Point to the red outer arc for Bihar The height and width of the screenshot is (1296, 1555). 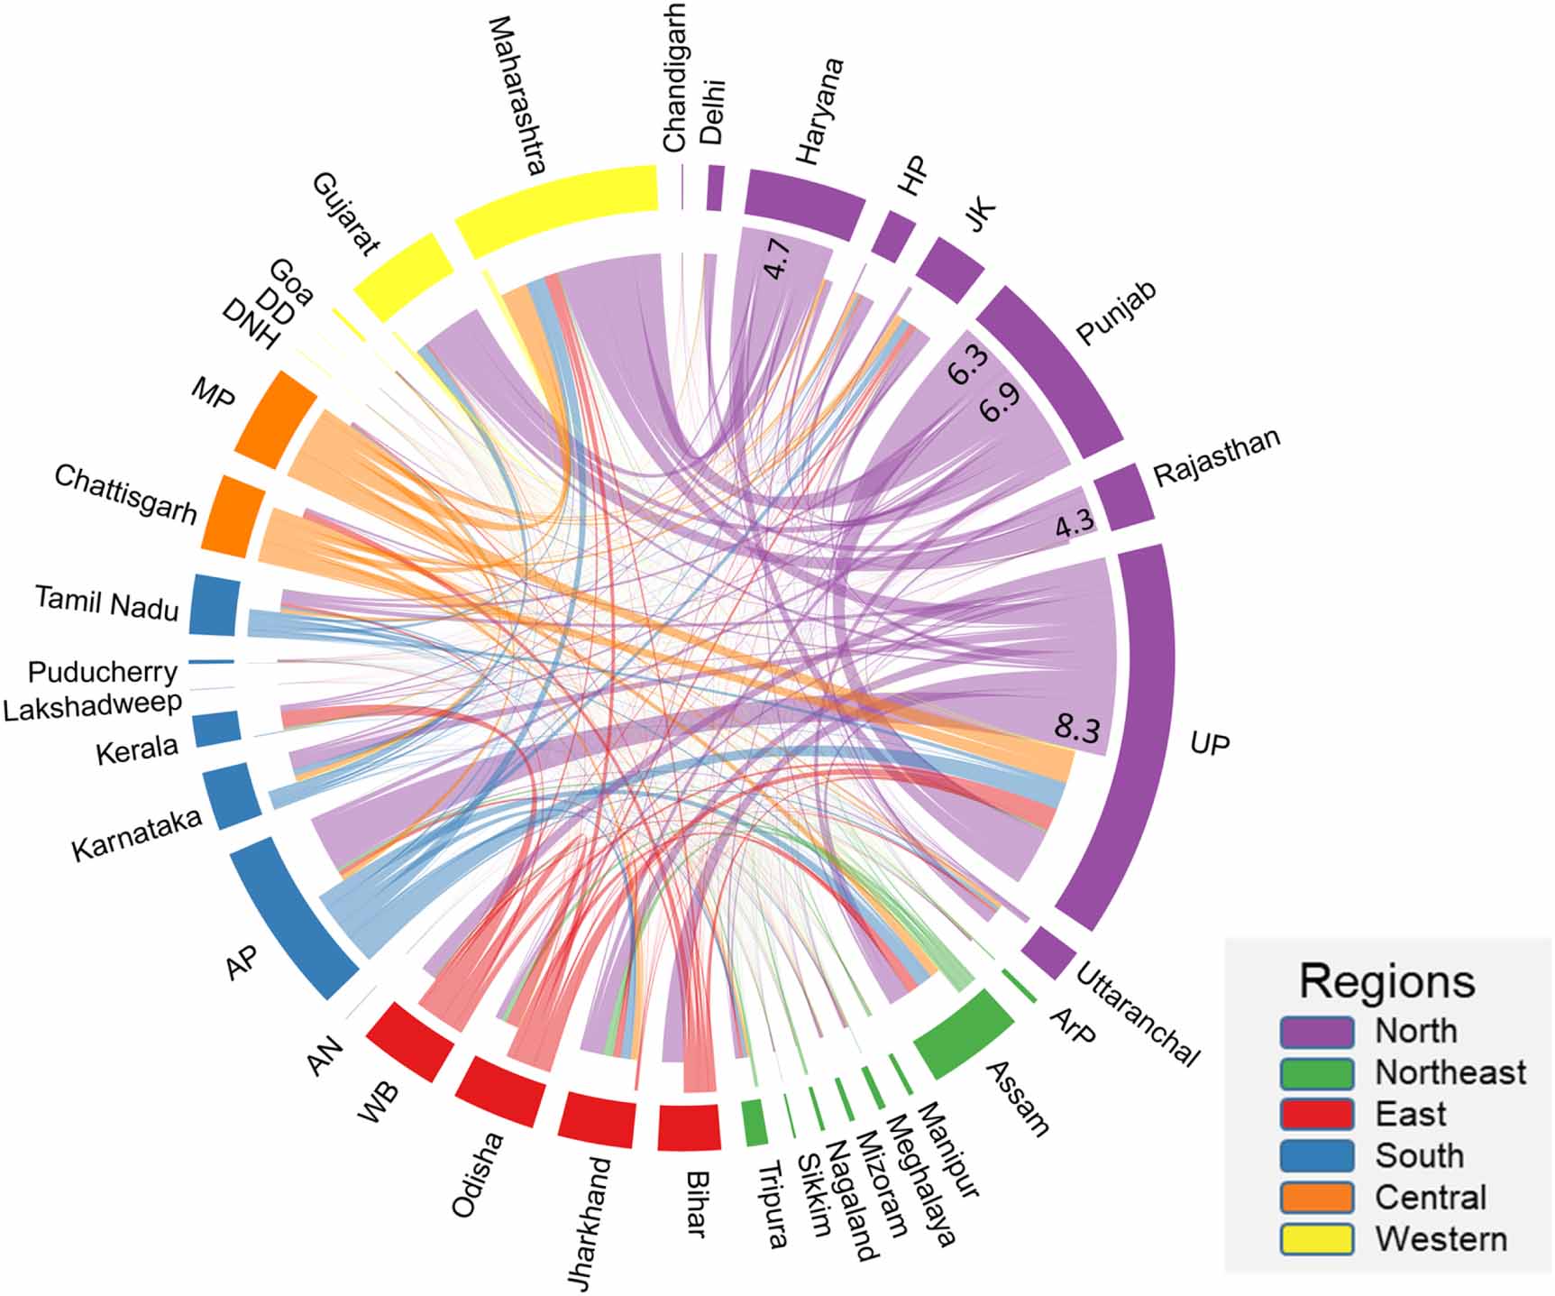point(689,1127)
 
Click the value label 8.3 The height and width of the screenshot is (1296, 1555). point(1076,726)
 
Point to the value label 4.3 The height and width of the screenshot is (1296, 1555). point(1074,522)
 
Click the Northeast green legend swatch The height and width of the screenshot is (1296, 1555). point(1316,1072)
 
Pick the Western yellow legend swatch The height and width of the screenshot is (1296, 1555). point(1316,1239)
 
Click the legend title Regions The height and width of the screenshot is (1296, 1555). point(1386,981)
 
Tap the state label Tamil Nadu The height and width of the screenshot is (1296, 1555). point(106,602)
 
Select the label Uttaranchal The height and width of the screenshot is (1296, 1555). point(1138,1015)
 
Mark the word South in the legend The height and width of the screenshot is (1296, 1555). point(1419,1155)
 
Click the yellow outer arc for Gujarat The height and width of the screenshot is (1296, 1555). point(402,275)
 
